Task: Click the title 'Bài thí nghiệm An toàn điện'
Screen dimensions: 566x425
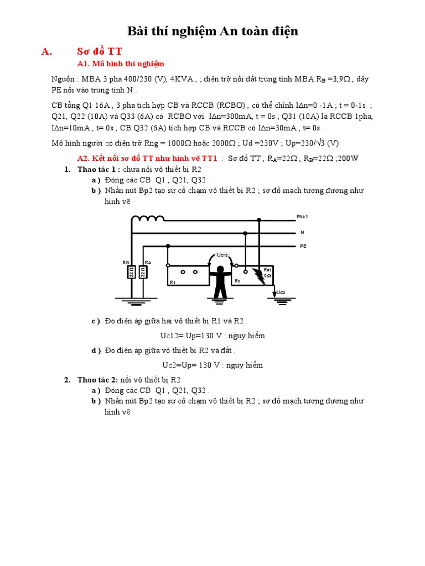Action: pyautogui.click(x=213, y=32)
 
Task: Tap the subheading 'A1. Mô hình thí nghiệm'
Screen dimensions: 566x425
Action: pyautogui.click(x=121, y=64)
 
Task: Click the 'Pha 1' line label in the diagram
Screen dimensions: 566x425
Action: pyautogui.click(x=303, y=217)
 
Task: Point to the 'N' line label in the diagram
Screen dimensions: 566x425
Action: pyautogui.click(x=302, y=232)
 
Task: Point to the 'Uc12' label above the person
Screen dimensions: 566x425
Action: pyautogui.click(x=222, y=255)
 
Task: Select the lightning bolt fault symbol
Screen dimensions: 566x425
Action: pyautogui.click(x=258, y=276)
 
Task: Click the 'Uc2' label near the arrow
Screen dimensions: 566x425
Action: pyautogui.click(x=281, y=292)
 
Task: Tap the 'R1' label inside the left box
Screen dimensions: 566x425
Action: pyautogui.click(x=173, y=282)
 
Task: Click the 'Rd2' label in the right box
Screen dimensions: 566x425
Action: pyautogui.click(x=267, y=270)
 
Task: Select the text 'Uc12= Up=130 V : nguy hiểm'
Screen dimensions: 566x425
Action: pyautogui.click(x=213, y=336)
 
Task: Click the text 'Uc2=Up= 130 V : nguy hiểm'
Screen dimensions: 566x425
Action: pyautogui.click(x=212, y=365)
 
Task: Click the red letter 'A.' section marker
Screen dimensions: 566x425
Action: pyautogui.click(x=46, y=51)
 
